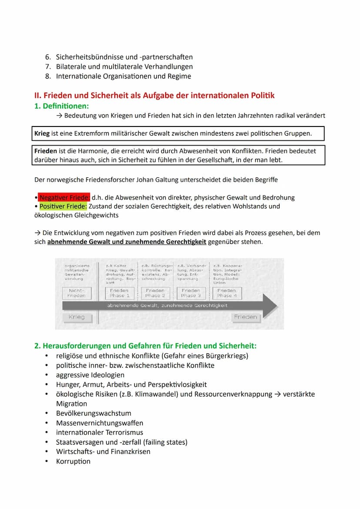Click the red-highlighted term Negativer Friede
tap(64, 197)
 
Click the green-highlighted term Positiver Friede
tap(63, 206)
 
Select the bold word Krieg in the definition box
tap(42, 133)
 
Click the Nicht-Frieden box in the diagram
tap(77, 293)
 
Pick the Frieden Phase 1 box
tap(119, 293)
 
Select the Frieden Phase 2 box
tap(155, 293)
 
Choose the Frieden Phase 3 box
tap(191, 293)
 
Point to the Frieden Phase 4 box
tap(227, 293)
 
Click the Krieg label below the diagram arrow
tap(77, 317)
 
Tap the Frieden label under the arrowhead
tap(246, 317)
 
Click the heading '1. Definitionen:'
tap(61, 106)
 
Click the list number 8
tap(48, 76)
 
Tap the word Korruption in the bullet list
tap(73, 461)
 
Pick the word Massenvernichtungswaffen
tap(100, 423)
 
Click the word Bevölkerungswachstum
tap(93, 413)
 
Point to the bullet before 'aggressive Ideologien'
tap(47, 375)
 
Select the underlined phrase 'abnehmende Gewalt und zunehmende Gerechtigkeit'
tap(127, 242)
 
